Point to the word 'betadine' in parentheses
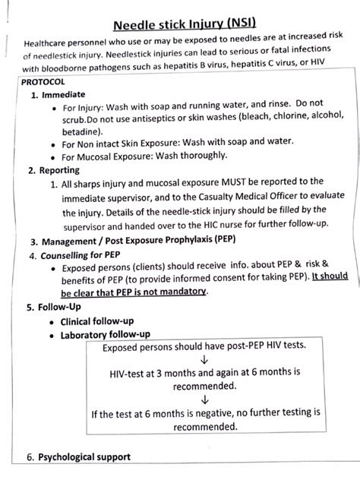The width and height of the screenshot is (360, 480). [x=81, y=131]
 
